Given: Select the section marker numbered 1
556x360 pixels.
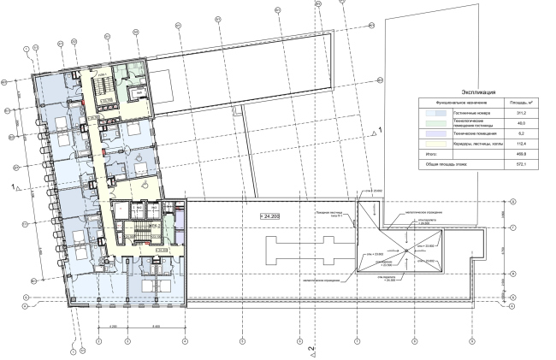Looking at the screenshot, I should (x=14, y=186).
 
